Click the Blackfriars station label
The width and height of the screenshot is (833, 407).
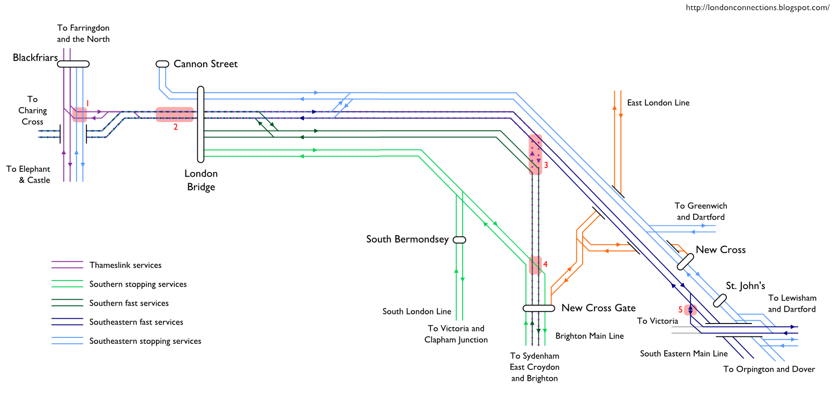tap(35, 58)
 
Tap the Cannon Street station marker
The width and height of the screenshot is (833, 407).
tap(162, 64)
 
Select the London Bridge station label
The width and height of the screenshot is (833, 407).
tap(201, 180)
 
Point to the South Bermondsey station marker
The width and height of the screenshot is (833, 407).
tap(459, 240)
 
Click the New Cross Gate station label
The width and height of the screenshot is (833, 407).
tap(598, 308)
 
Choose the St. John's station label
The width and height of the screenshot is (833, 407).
tap(745, 286)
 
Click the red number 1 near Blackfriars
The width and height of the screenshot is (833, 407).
tap(87, 103)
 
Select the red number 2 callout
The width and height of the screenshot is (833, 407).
tap(175, 127)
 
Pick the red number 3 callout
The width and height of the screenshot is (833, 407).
tap(546, 165)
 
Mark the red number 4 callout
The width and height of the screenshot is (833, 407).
tap(545, 264)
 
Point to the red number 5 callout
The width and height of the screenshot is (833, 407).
tap(681, 309)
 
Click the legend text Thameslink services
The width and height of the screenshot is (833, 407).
tap(125, 265)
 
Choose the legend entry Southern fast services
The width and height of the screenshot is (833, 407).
tap(129, 303)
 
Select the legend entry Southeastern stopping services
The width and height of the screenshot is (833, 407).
tap(145, 341)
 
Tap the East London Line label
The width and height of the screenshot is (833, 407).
tap(658, 103)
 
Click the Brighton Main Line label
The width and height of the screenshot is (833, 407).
tap(590, 336)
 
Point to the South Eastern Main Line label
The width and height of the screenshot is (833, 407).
tap(683, 353)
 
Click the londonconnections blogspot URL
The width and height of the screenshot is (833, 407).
tap(757, 7)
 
